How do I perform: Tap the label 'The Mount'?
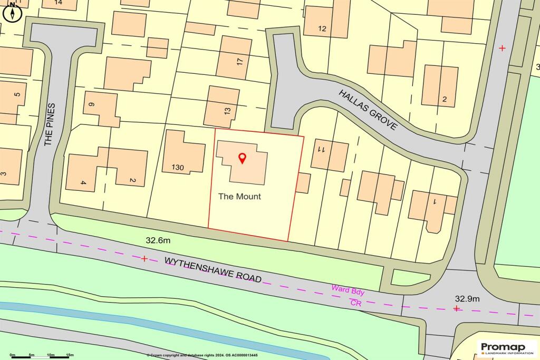coord(240,197)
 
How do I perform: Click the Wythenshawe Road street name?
coord(213,269)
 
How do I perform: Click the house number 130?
coord(178,168)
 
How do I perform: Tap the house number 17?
coord(240,61)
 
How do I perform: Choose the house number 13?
coord(227,111)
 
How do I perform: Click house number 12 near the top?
coord(323,29)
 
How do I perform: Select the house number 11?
coord(320,149)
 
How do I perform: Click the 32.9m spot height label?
coord(467,298)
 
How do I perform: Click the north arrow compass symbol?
coord(12,12)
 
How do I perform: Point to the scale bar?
coord(42,357)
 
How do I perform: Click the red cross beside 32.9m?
coord(456,308)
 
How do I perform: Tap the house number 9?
coord(91,105)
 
